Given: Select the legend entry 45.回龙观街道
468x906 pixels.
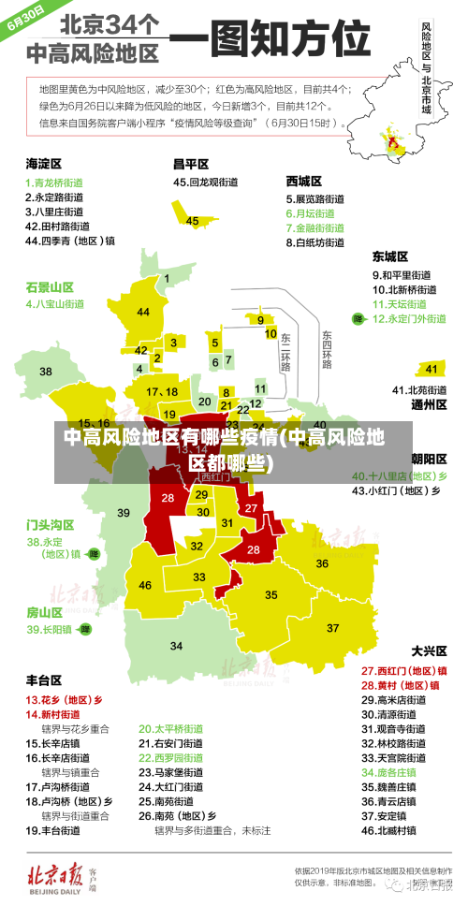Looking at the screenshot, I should tap(205, 183).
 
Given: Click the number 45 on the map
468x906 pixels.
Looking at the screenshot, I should tap(192, 221).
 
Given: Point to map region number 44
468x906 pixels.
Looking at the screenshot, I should tap(143, 312).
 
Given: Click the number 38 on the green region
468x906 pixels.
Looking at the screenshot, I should tap(45, 372).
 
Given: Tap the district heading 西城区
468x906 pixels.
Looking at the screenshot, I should tap(303, 181).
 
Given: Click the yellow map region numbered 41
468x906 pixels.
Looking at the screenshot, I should tap(431, 369).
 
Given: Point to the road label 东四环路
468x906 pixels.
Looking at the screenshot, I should tap(327, 349).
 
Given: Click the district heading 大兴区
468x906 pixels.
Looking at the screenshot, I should tap(429, 650).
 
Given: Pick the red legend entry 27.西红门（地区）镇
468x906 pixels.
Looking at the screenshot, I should tap(403, 671).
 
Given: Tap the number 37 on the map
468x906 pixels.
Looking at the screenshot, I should tap(332, 627).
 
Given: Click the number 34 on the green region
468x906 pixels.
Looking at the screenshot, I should tap(175, 647).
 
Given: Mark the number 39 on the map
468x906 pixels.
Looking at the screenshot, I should tap(124, 512).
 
